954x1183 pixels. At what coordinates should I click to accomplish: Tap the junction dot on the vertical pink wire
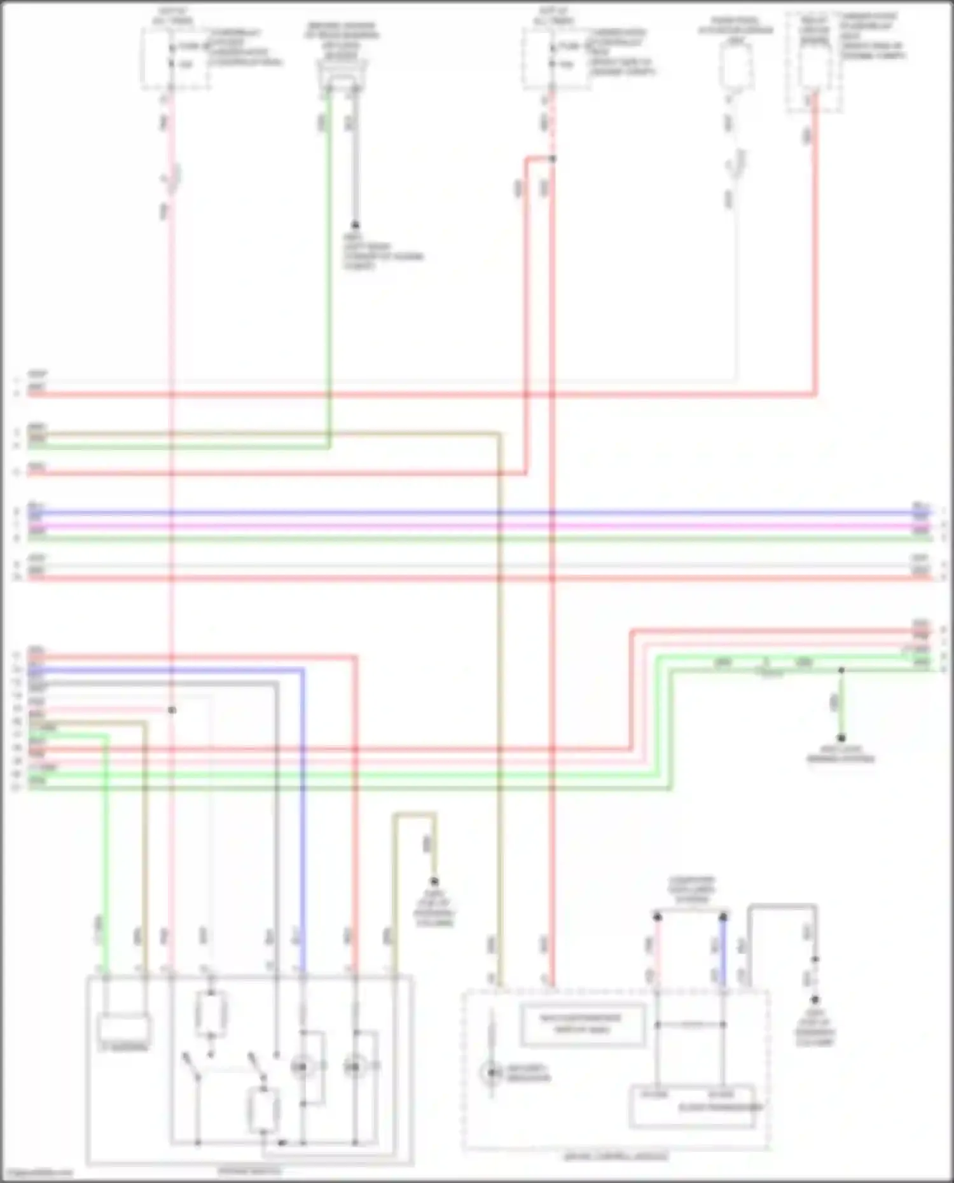(172, 709)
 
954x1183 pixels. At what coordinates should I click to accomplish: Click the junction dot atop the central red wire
(552, 158)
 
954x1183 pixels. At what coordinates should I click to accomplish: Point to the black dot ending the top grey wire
(355, 225)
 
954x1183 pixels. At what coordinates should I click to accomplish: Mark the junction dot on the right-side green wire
(841, 670)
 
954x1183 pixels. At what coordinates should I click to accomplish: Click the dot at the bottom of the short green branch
(841, 737)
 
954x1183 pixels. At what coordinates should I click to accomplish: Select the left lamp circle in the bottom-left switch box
(301, 1066)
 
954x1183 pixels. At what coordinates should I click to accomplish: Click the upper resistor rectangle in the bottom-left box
(211, 1014)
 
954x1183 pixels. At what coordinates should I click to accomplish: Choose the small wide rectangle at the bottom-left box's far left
(125, 1029)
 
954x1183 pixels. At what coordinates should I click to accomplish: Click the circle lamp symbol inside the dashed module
(491, 1073)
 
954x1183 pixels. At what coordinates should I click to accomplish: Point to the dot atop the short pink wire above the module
(658, 917)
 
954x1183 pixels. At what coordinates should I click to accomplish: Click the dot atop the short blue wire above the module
(723, 917)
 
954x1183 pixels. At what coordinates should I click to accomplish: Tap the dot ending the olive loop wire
(434, 882)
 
